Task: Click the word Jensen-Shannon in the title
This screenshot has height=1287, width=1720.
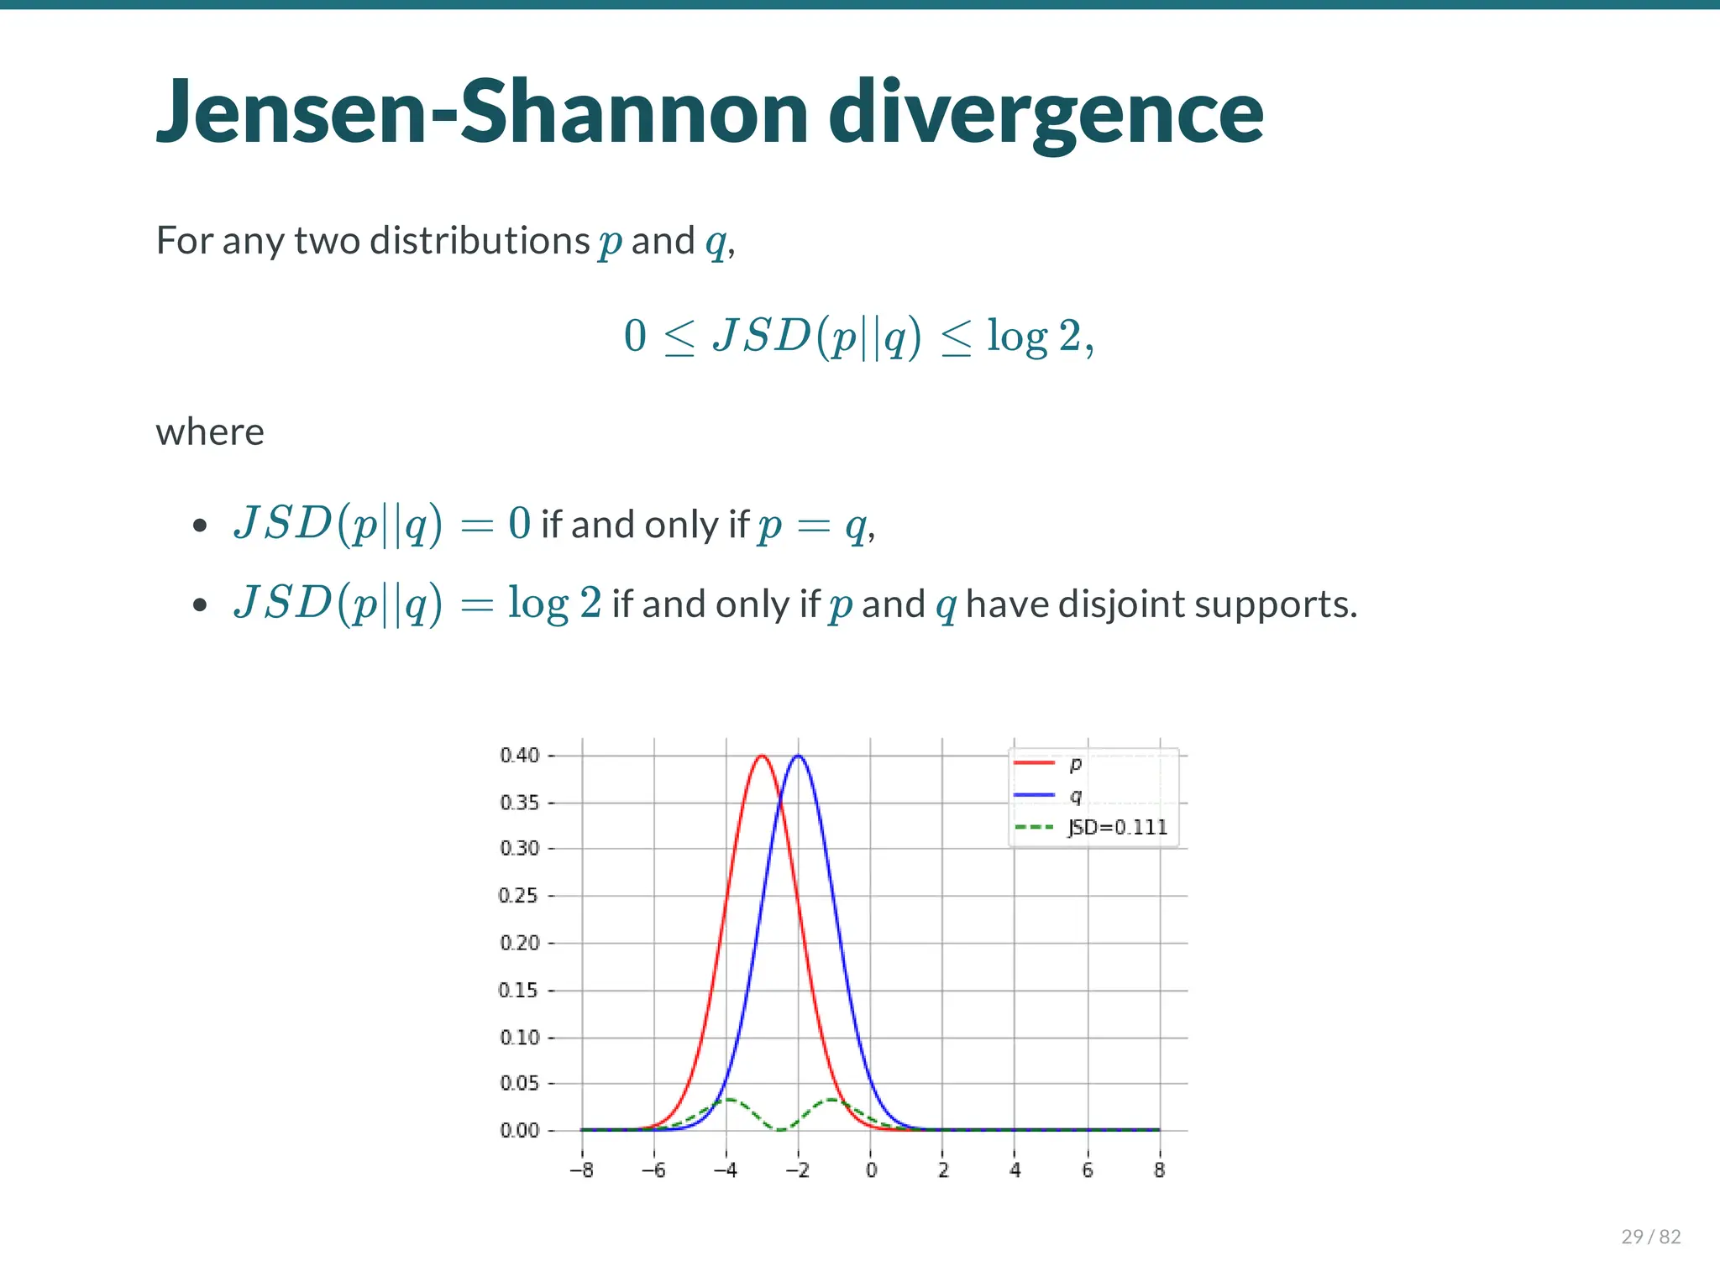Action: point(483,112)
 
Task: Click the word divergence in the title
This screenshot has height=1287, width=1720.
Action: point(1046,112)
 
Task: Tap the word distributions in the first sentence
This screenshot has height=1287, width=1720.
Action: point(480,241)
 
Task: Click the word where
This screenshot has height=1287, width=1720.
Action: point(210,432)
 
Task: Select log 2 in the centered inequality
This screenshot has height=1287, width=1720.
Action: point(1034,336)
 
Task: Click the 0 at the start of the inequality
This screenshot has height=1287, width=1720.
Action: point(635,336)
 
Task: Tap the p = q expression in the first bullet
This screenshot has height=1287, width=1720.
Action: point(811,526)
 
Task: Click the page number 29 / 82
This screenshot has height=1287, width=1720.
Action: point(1650,1236)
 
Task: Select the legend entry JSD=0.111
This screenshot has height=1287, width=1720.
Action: point(1117,827)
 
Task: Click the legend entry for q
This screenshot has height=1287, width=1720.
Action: point(1076,794)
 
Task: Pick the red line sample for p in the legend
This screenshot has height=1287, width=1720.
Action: point(1034,762)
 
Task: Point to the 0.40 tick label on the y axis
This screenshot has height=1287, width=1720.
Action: point(519,755)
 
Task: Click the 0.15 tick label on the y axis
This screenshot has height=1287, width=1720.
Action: point(519,990)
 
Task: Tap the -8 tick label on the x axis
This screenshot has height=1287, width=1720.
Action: point(581,1169)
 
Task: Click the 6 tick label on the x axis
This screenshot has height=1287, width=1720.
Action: point(1087,1169)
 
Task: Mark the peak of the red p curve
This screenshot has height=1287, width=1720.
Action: point(762,756)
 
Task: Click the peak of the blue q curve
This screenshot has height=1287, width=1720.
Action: point(799,756)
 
